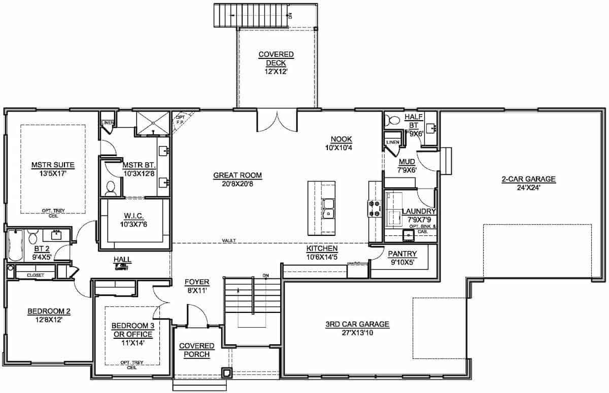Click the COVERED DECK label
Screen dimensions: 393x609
coord(276,58)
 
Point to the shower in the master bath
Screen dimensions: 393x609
coord(153,124)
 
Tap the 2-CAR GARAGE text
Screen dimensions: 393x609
coord(528,178)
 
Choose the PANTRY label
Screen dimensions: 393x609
coord(402,254)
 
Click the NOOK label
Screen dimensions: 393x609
coord(341,139)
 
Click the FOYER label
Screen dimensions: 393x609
coord(197,282)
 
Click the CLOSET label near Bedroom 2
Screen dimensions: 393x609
coord(36,275)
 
